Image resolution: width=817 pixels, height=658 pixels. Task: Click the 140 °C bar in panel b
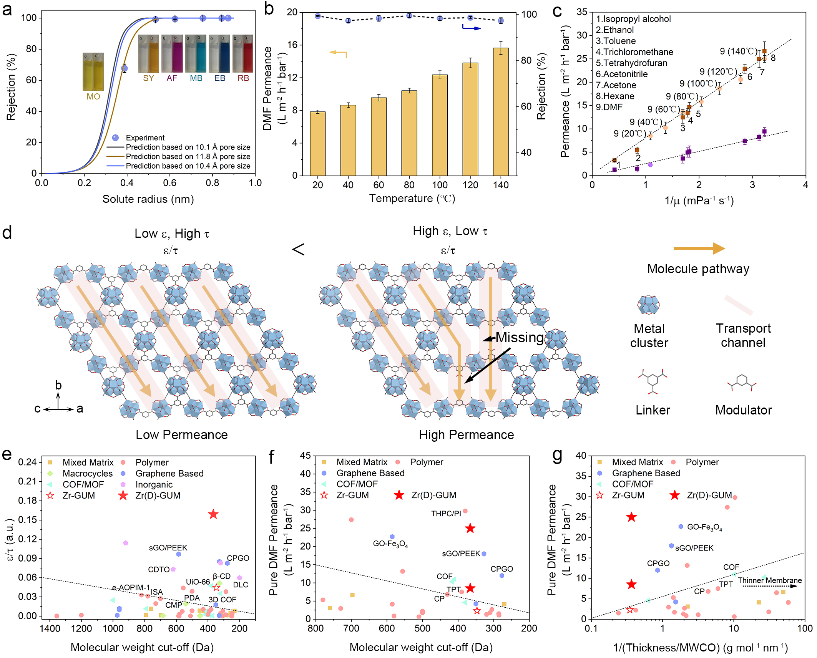coord(500,111)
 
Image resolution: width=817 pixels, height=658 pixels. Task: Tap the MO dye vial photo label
coord(93,96)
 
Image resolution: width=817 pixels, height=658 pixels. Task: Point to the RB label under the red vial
coord(243,78)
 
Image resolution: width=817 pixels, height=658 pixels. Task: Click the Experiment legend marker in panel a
coord(115,138)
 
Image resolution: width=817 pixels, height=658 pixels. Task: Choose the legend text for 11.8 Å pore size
coord(188,156)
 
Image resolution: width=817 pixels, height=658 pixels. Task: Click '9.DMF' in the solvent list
coord(609,107)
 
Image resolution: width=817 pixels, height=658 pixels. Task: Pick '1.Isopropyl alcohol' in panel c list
coord(633,19)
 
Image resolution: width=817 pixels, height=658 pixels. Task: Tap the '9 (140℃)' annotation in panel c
coord(738,51)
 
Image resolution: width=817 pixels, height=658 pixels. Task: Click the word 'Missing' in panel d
coord(519,337)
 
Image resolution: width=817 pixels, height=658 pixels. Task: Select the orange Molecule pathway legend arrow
coord(699,249)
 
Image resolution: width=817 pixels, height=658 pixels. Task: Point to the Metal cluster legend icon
coord(648,305)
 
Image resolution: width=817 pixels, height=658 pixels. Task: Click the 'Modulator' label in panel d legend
coord(743,410)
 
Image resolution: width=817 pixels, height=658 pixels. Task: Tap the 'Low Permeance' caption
coord(181,434)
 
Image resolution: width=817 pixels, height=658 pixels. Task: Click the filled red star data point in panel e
coord(213,514)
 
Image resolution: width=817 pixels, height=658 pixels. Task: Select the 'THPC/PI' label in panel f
coord(446,514)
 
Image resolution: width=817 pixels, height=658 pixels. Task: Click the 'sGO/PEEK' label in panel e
coord(168,548)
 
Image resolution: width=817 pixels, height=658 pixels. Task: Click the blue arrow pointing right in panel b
coord(472,28)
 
